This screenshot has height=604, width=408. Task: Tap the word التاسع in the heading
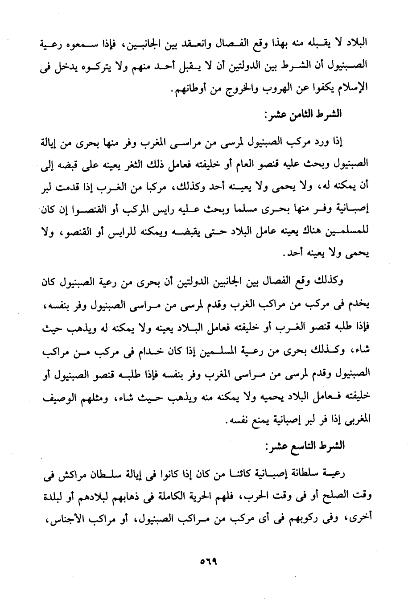307,447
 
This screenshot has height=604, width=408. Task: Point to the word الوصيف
60,397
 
